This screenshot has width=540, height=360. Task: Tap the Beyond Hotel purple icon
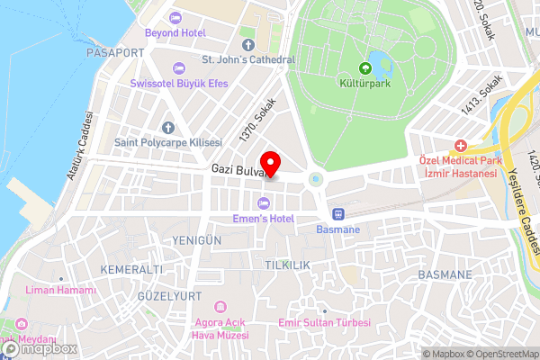pos(174,18)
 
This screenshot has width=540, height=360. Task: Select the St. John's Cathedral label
pos(247,59)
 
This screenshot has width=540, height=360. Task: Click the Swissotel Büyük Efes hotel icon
pos(178,67)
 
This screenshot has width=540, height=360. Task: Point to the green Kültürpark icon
pos(365,67)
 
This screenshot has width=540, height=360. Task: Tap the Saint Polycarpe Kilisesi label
pos(167,142)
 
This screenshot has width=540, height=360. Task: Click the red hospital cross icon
pos(461,145)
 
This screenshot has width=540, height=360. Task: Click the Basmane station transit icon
pos(338,214)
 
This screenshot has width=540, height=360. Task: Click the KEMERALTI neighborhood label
pos(132,270)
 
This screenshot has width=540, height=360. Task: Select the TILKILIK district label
pos(287,265)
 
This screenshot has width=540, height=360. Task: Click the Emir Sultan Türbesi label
pos(324,321)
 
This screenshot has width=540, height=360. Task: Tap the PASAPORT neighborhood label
pos(114,53)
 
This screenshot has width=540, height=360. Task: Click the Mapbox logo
pos(38,348)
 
